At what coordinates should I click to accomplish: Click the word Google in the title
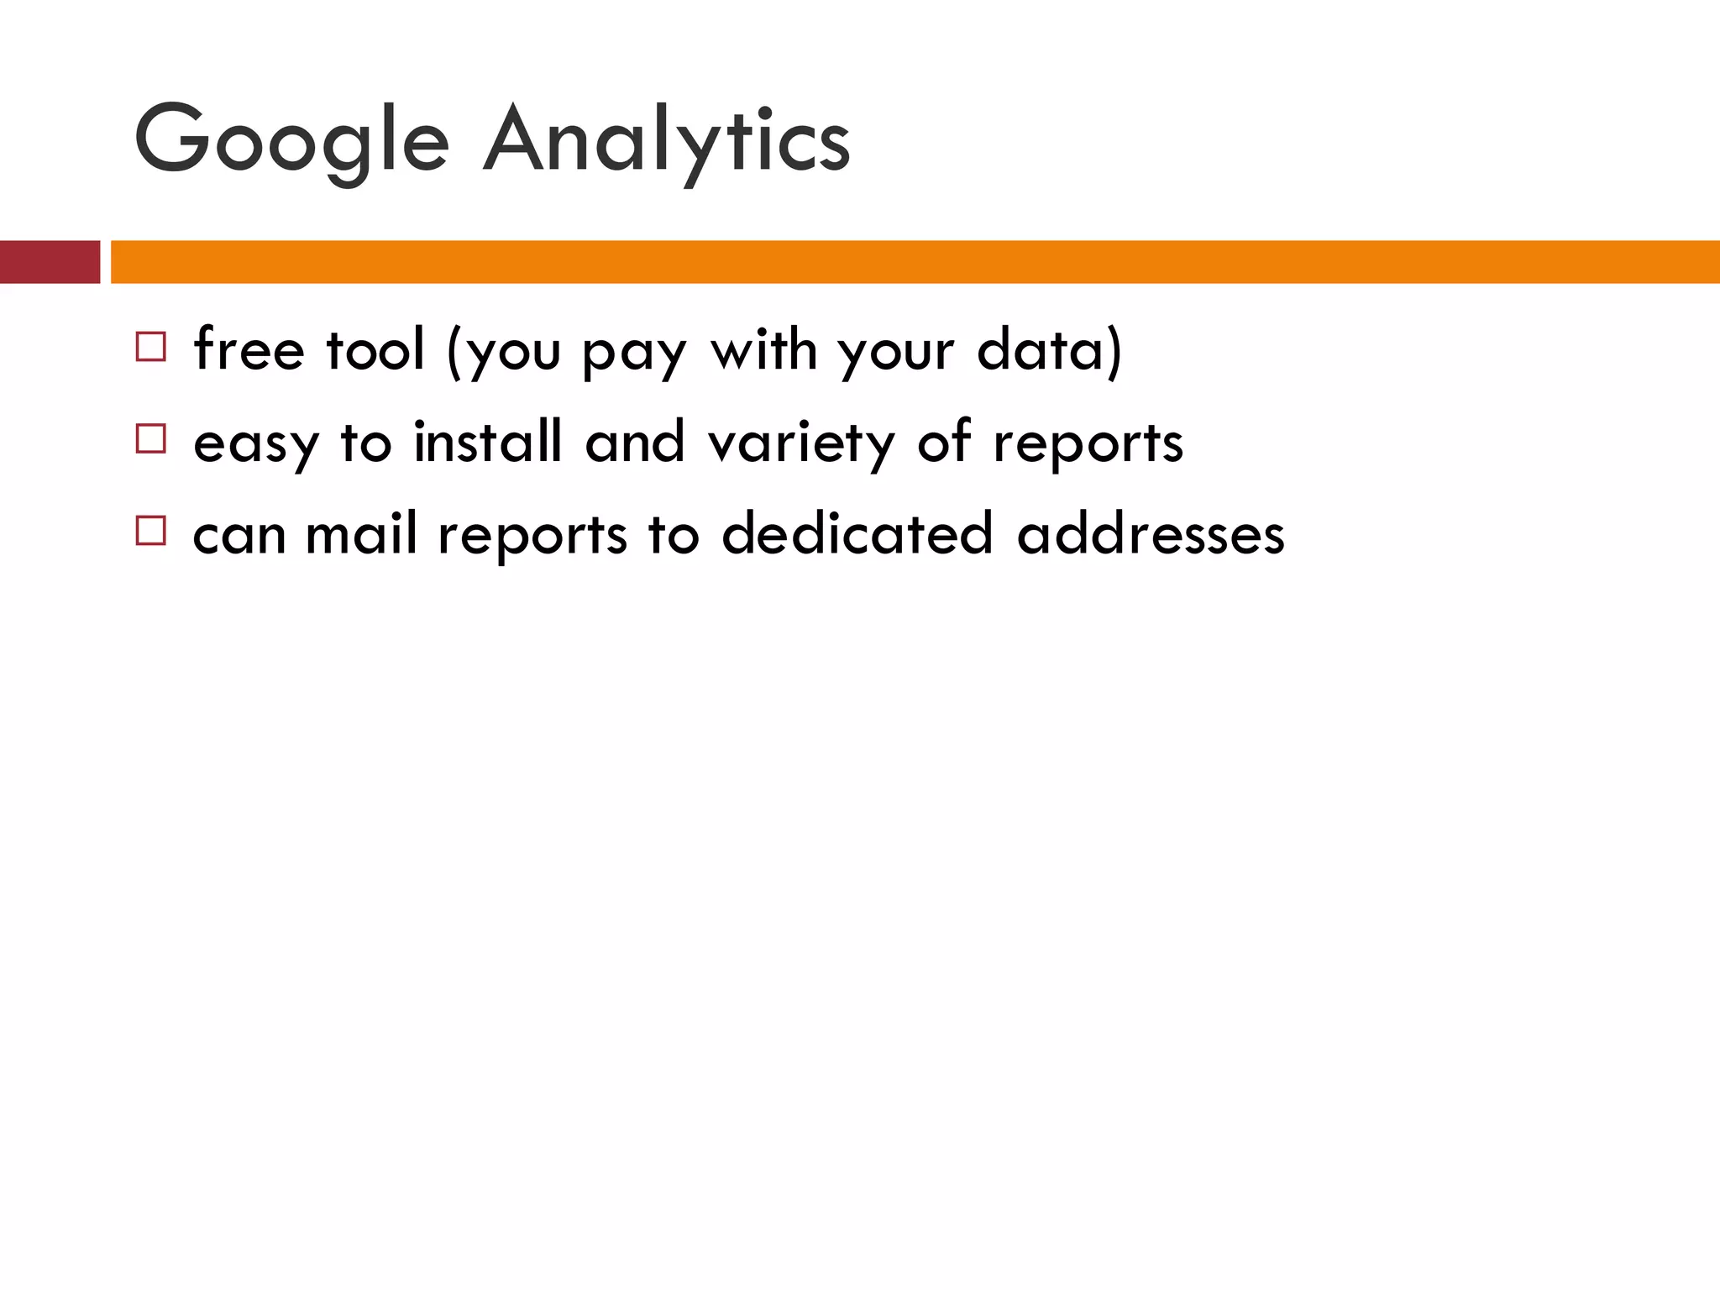click(291, 141)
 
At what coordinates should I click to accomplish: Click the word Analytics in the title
click(666, 141)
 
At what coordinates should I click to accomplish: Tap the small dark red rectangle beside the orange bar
click(50, 262)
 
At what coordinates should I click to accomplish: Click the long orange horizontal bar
click(915, 262)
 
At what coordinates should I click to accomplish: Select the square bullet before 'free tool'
click(151, 347)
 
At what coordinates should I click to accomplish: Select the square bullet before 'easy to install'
click(151, 438)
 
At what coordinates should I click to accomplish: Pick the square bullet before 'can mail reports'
click(151, 531)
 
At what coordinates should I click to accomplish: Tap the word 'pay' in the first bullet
click(635, 353)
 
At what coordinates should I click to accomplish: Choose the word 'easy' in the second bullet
click(256, 443)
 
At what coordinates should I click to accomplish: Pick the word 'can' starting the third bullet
click(239, 536)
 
